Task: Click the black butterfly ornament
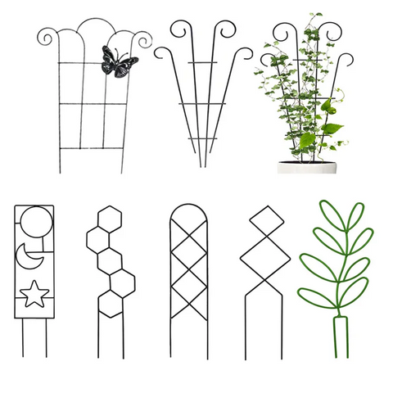[x=117, y=62]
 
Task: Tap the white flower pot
[x=306, y=168]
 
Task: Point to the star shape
[x=34, y=292]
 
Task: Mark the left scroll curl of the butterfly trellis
[x=46, y=36]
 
